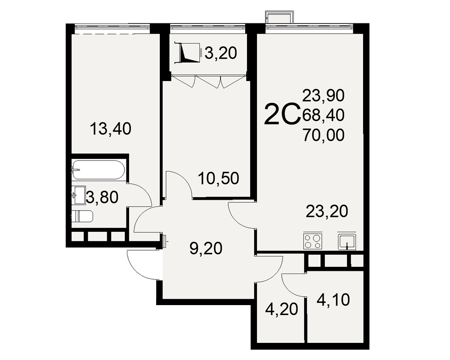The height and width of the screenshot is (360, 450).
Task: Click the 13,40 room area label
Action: tap(111, 128)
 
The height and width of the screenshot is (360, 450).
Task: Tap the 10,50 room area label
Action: tap(218, 178)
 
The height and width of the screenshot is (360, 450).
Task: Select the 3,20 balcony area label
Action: tap(220, 53)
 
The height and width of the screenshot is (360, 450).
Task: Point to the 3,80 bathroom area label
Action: tap(102, 197)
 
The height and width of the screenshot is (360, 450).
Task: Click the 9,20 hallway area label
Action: tap(206, 248)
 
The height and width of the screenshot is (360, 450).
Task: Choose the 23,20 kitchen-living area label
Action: tap(327, 211)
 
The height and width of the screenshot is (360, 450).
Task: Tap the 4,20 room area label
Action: tap(282, 309)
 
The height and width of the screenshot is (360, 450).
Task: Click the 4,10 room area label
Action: tap(333, 300)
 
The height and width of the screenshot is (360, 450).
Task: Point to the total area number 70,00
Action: tap(324, 135)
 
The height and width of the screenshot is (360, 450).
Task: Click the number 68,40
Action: tap(324, 115)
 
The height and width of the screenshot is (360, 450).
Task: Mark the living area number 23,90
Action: tap(324, 95)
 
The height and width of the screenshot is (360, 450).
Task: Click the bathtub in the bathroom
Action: tap(98, 170)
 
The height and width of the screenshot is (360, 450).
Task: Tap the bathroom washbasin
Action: tap(79, 195)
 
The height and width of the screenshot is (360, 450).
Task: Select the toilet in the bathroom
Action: tap(82, 216)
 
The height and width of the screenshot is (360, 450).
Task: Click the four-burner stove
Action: tap(313, 241)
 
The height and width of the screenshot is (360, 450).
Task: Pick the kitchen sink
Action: tap(347, 242)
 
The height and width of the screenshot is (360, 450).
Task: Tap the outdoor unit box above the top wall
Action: tap(279, 18)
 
